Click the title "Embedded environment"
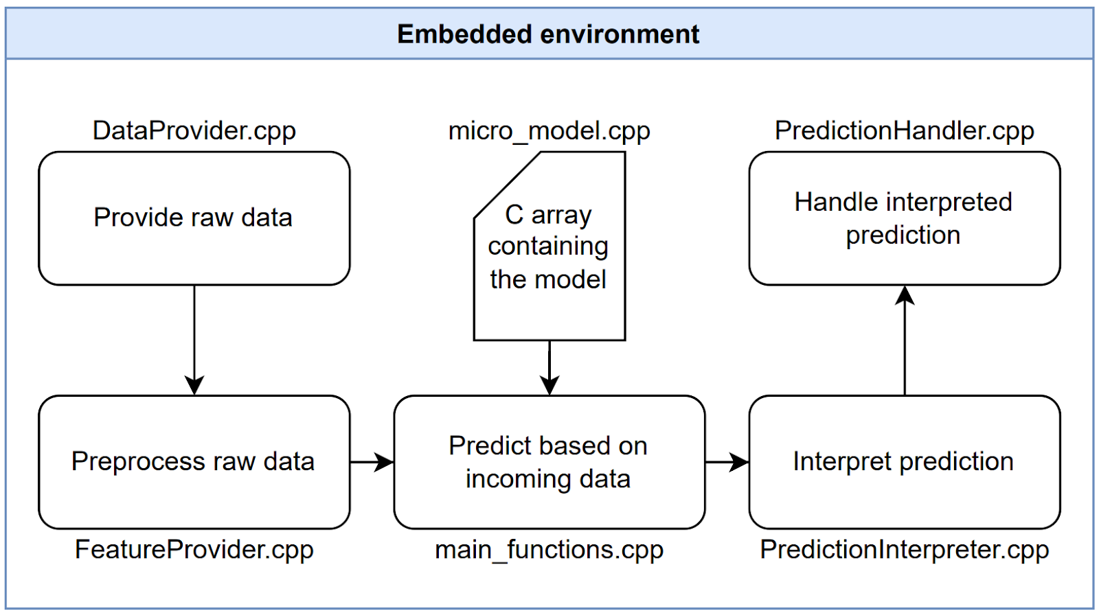(548, 34)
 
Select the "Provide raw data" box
(194, 218)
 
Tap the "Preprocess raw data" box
(194, 461)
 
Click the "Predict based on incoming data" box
(549, 461)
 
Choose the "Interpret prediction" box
(904, 461)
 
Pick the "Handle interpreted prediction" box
(904, 218)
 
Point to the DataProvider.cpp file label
(194, 130)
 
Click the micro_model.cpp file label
(549, 130)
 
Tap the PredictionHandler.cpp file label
(904, 130)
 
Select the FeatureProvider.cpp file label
(194, 549)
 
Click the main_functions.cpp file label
(549, 549)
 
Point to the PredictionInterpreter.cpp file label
(904, 549)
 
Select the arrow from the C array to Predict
(549, 367)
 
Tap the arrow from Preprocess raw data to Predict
(372, 462)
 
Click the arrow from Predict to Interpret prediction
(727, 462)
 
